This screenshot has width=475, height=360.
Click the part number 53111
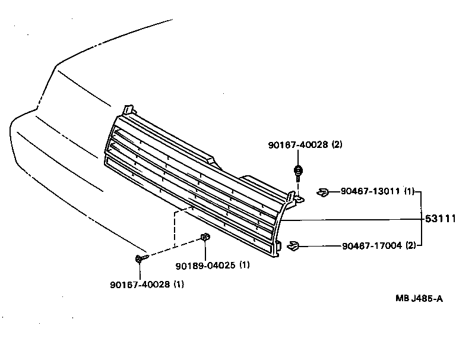(x=440, y=219)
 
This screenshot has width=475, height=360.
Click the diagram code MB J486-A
(x=419, y=299)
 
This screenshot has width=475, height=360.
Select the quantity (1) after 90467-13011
(x=410, y=191)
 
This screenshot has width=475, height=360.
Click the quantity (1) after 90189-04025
(x=245, y=265)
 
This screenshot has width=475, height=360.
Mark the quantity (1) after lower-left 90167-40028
(x=179, y=284)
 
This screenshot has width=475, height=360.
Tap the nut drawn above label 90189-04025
(x=204, y=238)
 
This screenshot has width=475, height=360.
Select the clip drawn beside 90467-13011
(x=322, y=191)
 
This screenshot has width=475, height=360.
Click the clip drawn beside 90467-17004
(x=293, y=245)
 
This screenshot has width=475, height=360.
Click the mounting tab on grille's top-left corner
(x=128, y=111)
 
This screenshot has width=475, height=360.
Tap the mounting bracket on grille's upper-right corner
(x=296, y=198)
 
